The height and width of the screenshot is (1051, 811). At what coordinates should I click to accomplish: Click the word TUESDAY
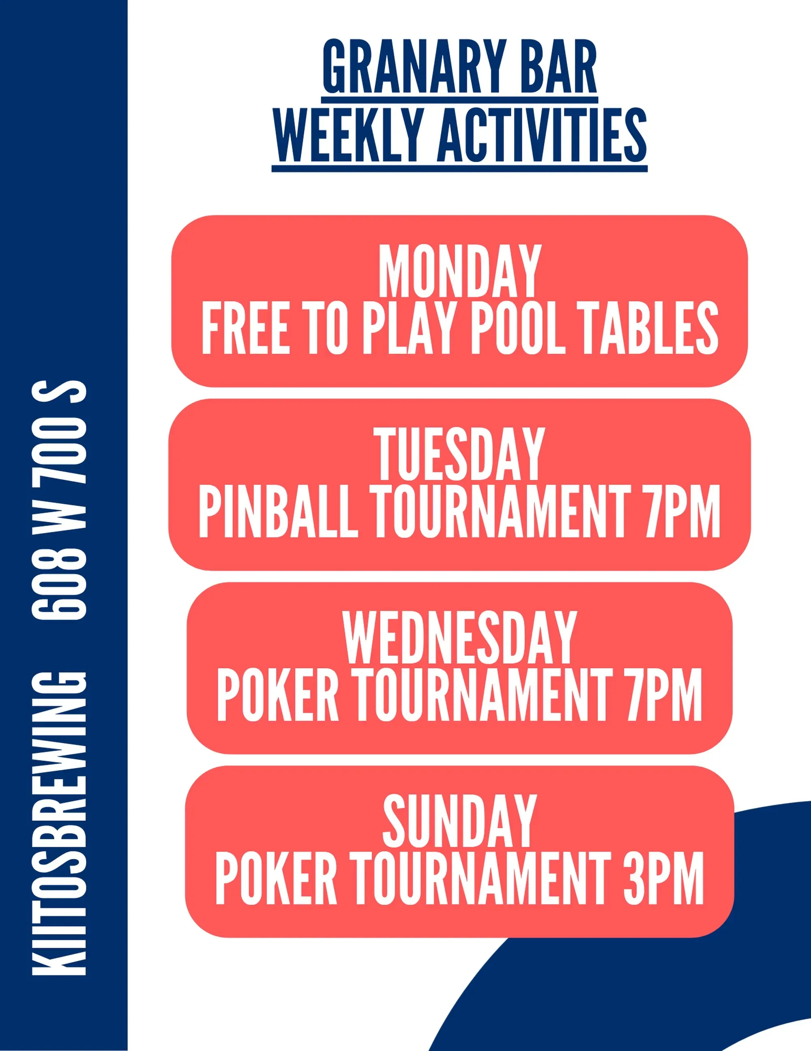pyautogui.click(x=459, y=454)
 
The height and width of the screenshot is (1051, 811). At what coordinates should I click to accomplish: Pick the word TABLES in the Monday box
pyautogui.click(x=650, y=328)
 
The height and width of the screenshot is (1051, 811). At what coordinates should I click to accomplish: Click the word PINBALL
pyautogui.click(x=278, y=511)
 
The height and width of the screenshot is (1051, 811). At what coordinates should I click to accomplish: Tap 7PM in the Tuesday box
pyautogui.click(x=682, y=511)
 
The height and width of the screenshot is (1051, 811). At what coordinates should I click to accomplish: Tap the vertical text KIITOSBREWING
pyautogui.click(x=59, y=823)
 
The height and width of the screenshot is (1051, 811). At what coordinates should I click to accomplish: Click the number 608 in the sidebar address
pyautogui.click(x=59, y=584)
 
